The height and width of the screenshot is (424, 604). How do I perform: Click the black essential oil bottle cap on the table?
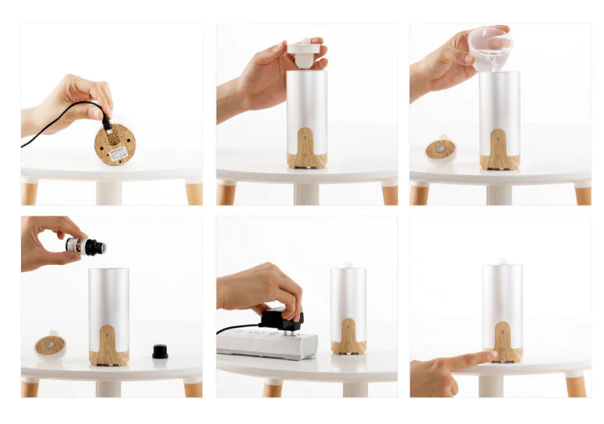click(160, 352)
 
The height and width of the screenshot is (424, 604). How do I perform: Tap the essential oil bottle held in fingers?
click(85, 246)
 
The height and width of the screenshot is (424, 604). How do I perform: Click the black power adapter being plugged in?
click(280, 320)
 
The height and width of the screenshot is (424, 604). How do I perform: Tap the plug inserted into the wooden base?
click(107, 125)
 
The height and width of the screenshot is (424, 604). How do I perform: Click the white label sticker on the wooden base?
click(118, 154)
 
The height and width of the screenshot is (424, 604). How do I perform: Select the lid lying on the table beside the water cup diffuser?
click(440, 150)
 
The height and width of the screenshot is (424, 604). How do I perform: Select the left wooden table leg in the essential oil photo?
click(30, 387)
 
